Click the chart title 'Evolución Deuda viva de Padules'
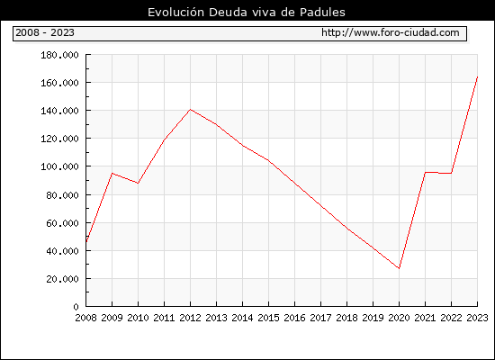pyautogui.click(x=247, y=12)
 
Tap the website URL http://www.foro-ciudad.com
pyautogui.click(x=391, y=32)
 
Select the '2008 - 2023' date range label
pyautogui.click(x=45, y=32)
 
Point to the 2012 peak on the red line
pyautogui.click(x=191, y=110)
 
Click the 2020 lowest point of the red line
pyautogui.click(x=399, y=268)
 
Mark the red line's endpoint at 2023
pyautogui.click(x=477, y=76)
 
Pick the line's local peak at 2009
pyautogui.click(x=112, y=173)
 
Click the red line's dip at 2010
pyautogui.click(x=138, y=184)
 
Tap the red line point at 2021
pyautogui.click(x=425, y=173)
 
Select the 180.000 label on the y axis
pyautogui.click(x=59, y=55)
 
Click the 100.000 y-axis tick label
pyautogui.click(x=59, y=166)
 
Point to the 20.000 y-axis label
pyautogui.click(x=62, y=279)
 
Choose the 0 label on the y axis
pyautogui.click(x=76, y=307)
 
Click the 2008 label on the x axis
pyautogui.click(x=85, y=318)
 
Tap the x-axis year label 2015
pyautogui.click(x=269, y=318)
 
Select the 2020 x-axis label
pyautogui.click(x=399, y=318)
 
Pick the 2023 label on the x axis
pyautogui.click(x=477, y=318)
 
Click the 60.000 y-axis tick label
pyautogui.click(x=62, y=223)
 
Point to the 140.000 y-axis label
pyautogui.click(x=59, y=111)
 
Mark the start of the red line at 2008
pyautogui.click(x=86, y=242)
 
